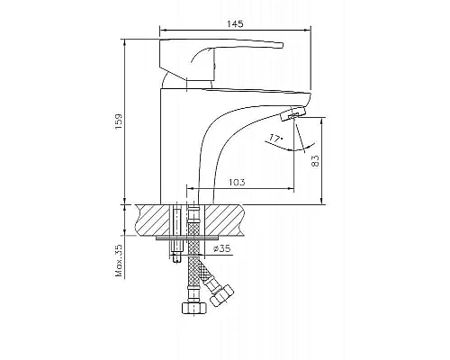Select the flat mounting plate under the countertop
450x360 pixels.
(184, 238)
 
